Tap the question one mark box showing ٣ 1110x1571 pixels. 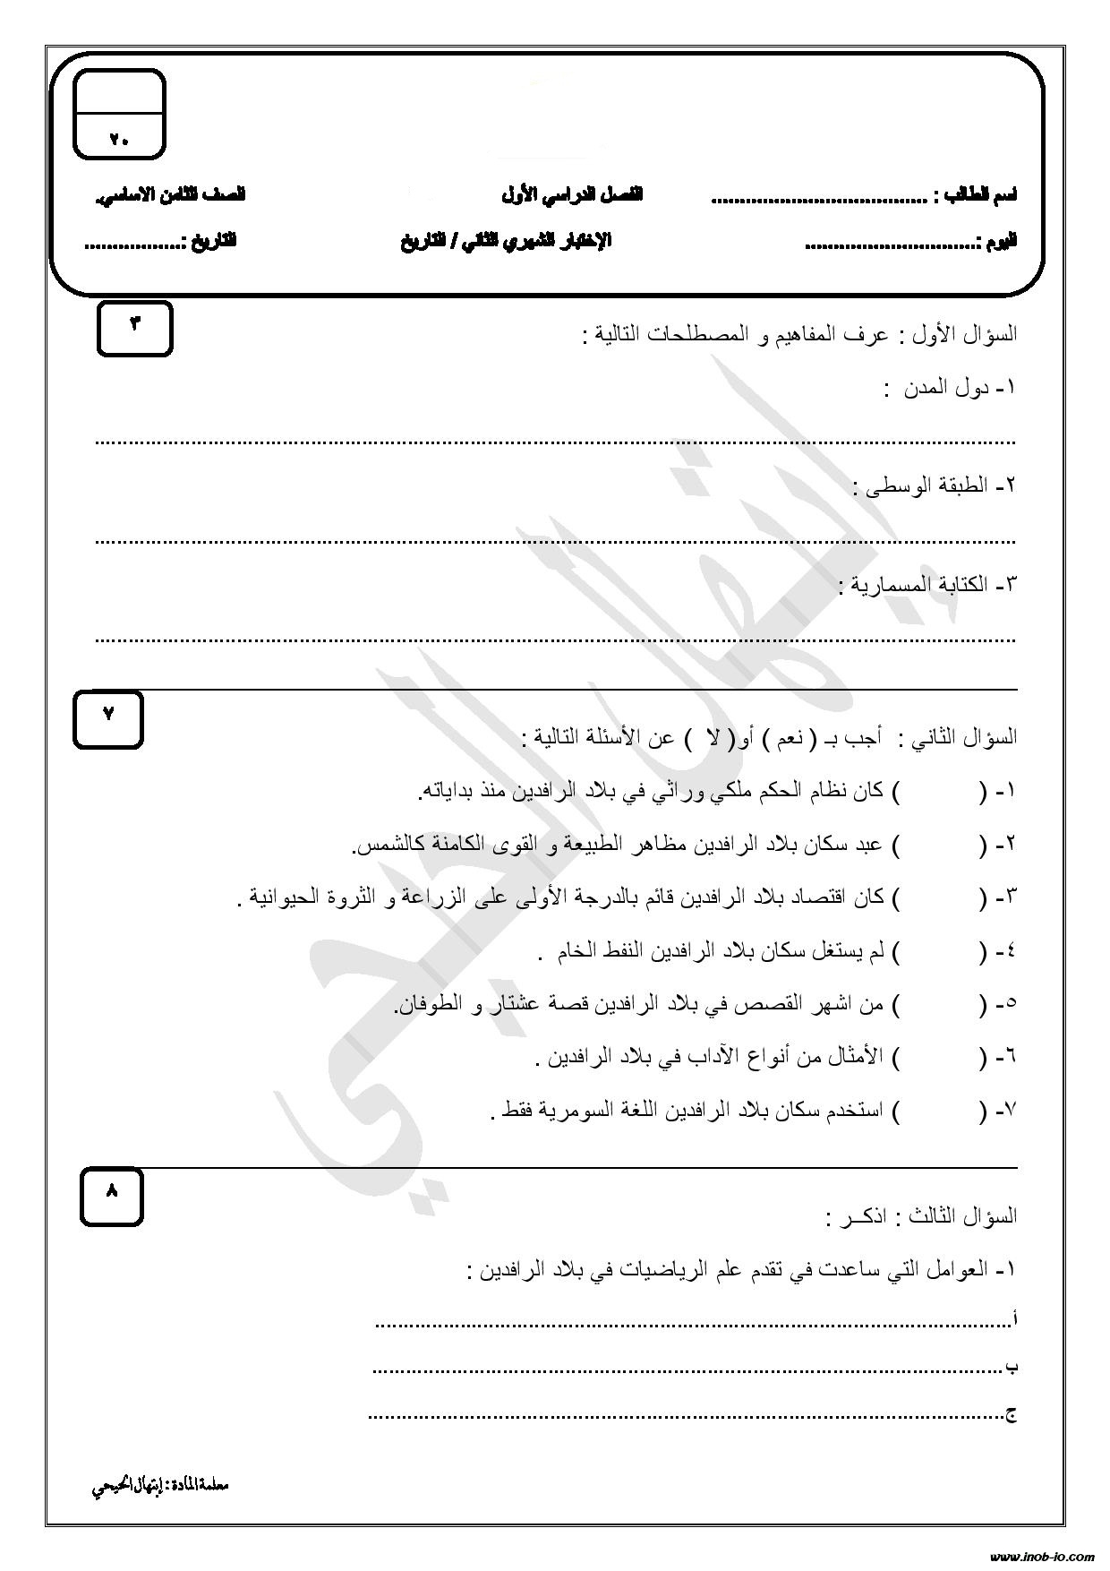(x=134, y=329)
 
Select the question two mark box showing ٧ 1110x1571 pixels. (x=108, y=718)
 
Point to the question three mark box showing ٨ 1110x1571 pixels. (x=112, y=1197)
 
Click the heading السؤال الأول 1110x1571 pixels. (x=967, y=336)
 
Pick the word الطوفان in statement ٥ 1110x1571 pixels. (x=430, y=1005)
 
